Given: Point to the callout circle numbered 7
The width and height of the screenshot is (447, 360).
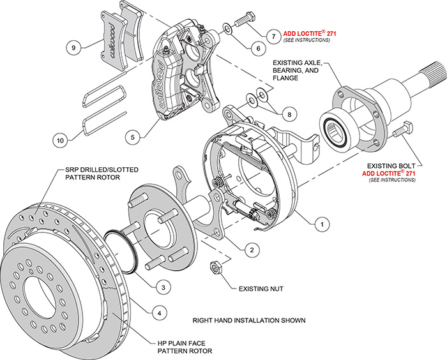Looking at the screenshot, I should pyautogui.click(x=273, y=36).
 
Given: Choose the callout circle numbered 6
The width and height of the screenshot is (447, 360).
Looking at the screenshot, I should pyautogui.click(x=259, y=47).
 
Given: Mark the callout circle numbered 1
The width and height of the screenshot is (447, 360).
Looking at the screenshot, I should pyautogui.click(x=322, y=224).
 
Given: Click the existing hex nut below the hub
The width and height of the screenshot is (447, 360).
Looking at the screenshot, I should pyautogui.click(x=216, y=267).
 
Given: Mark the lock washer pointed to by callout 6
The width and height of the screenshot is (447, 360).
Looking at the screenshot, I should pyautogui.click(x=228, y=28).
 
